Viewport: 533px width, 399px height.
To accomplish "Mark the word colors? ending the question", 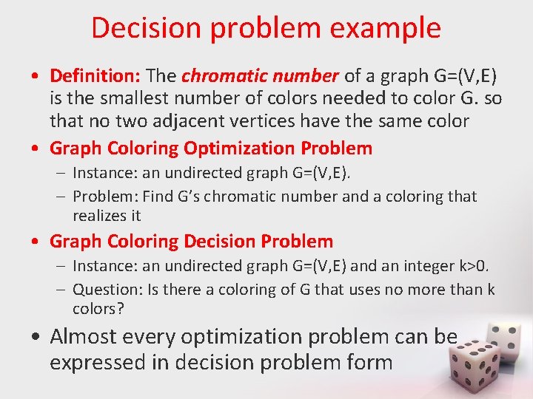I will click(x=98, y=308).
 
